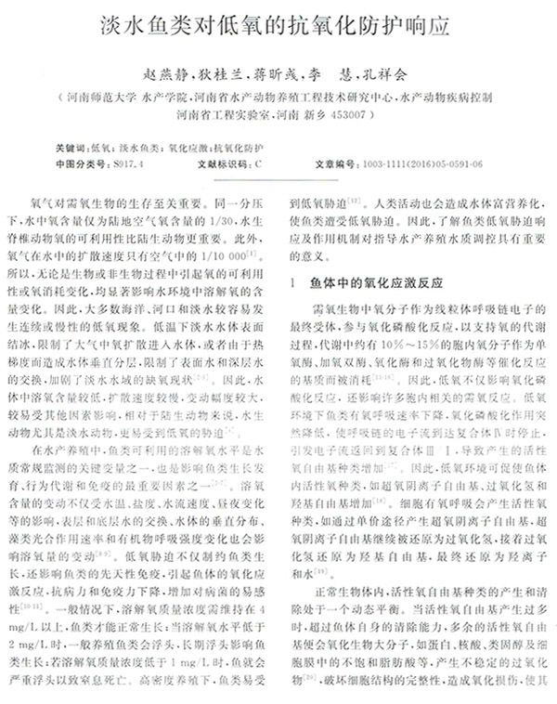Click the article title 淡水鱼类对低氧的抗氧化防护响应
pos(278,26)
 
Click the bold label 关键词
pos(71,148)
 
